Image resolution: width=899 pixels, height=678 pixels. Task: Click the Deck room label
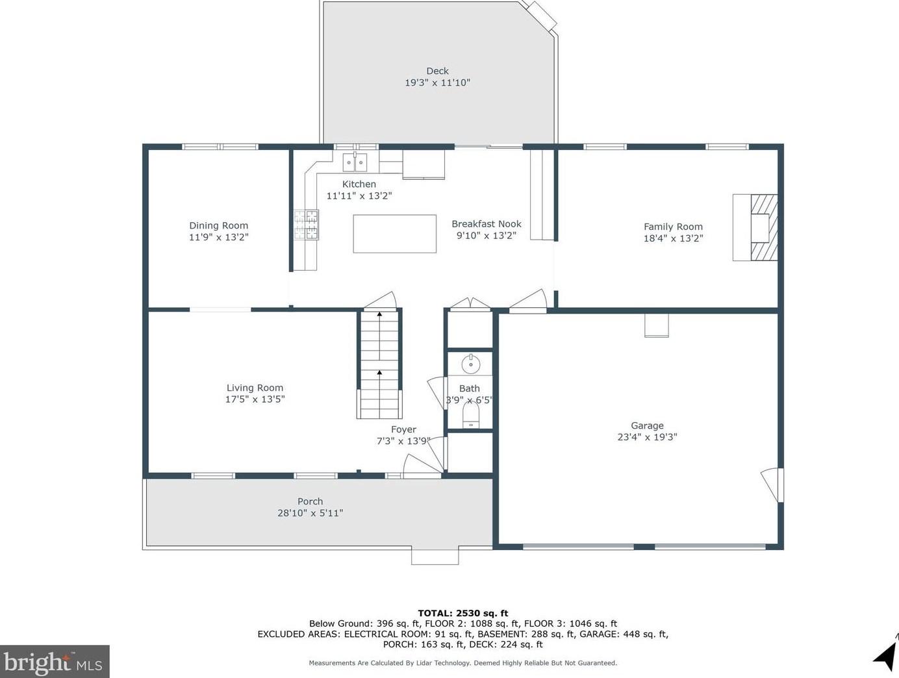pos(437,71)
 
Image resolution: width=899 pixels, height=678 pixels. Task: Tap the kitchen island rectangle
pos(394,234)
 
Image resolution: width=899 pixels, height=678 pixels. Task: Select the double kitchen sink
pos(355,162)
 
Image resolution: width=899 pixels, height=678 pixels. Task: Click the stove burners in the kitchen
pos(306,224)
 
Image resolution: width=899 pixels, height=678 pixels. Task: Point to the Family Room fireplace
pos(755,228)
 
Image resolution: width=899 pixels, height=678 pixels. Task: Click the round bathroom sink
pos(470,363)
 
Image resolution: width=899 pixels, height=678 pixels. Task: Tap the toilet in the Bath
pos(470,415)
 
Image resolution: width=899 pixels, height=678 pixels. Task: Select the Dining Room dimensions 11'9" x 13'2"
pos(219,237)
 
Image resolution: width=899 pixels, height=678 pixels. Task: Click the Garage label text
pos(647,425)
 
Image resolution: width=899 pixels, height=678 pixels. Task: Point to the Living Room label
pos(255,388)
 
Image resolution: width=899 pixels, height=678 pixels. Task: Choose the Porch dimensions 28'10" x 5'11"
pos(310,513)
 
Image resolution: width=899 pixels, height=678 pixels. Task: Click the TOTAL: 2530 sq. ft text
pos(462,613)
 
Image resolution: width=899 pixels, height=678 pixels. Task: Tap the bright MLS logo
pos(55,661)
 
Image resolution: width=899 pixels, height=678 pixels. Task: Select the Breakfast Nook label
pos(486,224)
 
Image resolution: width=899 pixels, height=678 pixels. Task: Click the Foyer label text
pos(403,429)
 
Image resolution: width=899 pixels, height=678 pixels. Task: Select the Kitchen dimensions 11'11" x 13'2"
pos(359,195)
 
